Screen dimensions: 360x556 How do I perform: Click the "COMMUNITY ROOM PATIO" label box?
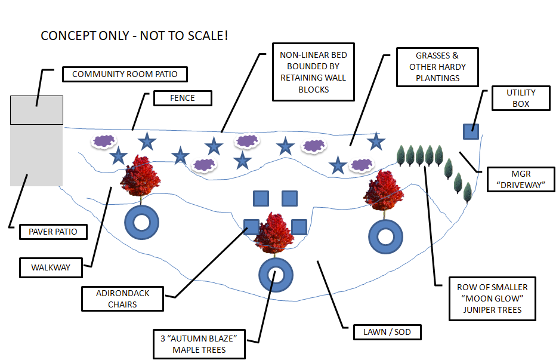point(125,75)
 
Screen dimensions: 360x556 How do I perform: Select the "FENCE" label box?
point(183,98)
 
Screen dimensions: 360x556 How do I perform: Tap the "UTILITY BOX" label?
point(521,99)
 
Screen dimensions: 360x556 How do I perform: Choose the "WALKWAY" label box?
point(50,267)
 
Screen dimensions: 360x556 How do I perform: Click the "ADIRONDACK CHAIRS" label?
point(122,299)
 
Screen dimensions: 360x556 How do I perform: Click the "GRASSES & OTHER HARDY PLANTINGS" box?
point(437,67)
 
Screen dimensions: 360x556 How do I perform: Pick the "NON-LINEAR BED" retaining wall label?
point(313,72)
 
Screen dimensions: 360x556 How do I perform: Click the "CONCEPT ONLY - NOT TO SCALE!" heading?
point(134,36)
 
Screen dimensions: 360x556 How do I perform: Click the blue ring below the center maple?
point(276,275)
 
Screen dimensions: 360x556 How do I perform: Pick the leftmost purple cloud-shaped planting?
point(103,141)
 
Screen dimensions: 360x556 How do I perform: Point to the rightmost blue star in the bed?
point(375,141)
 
